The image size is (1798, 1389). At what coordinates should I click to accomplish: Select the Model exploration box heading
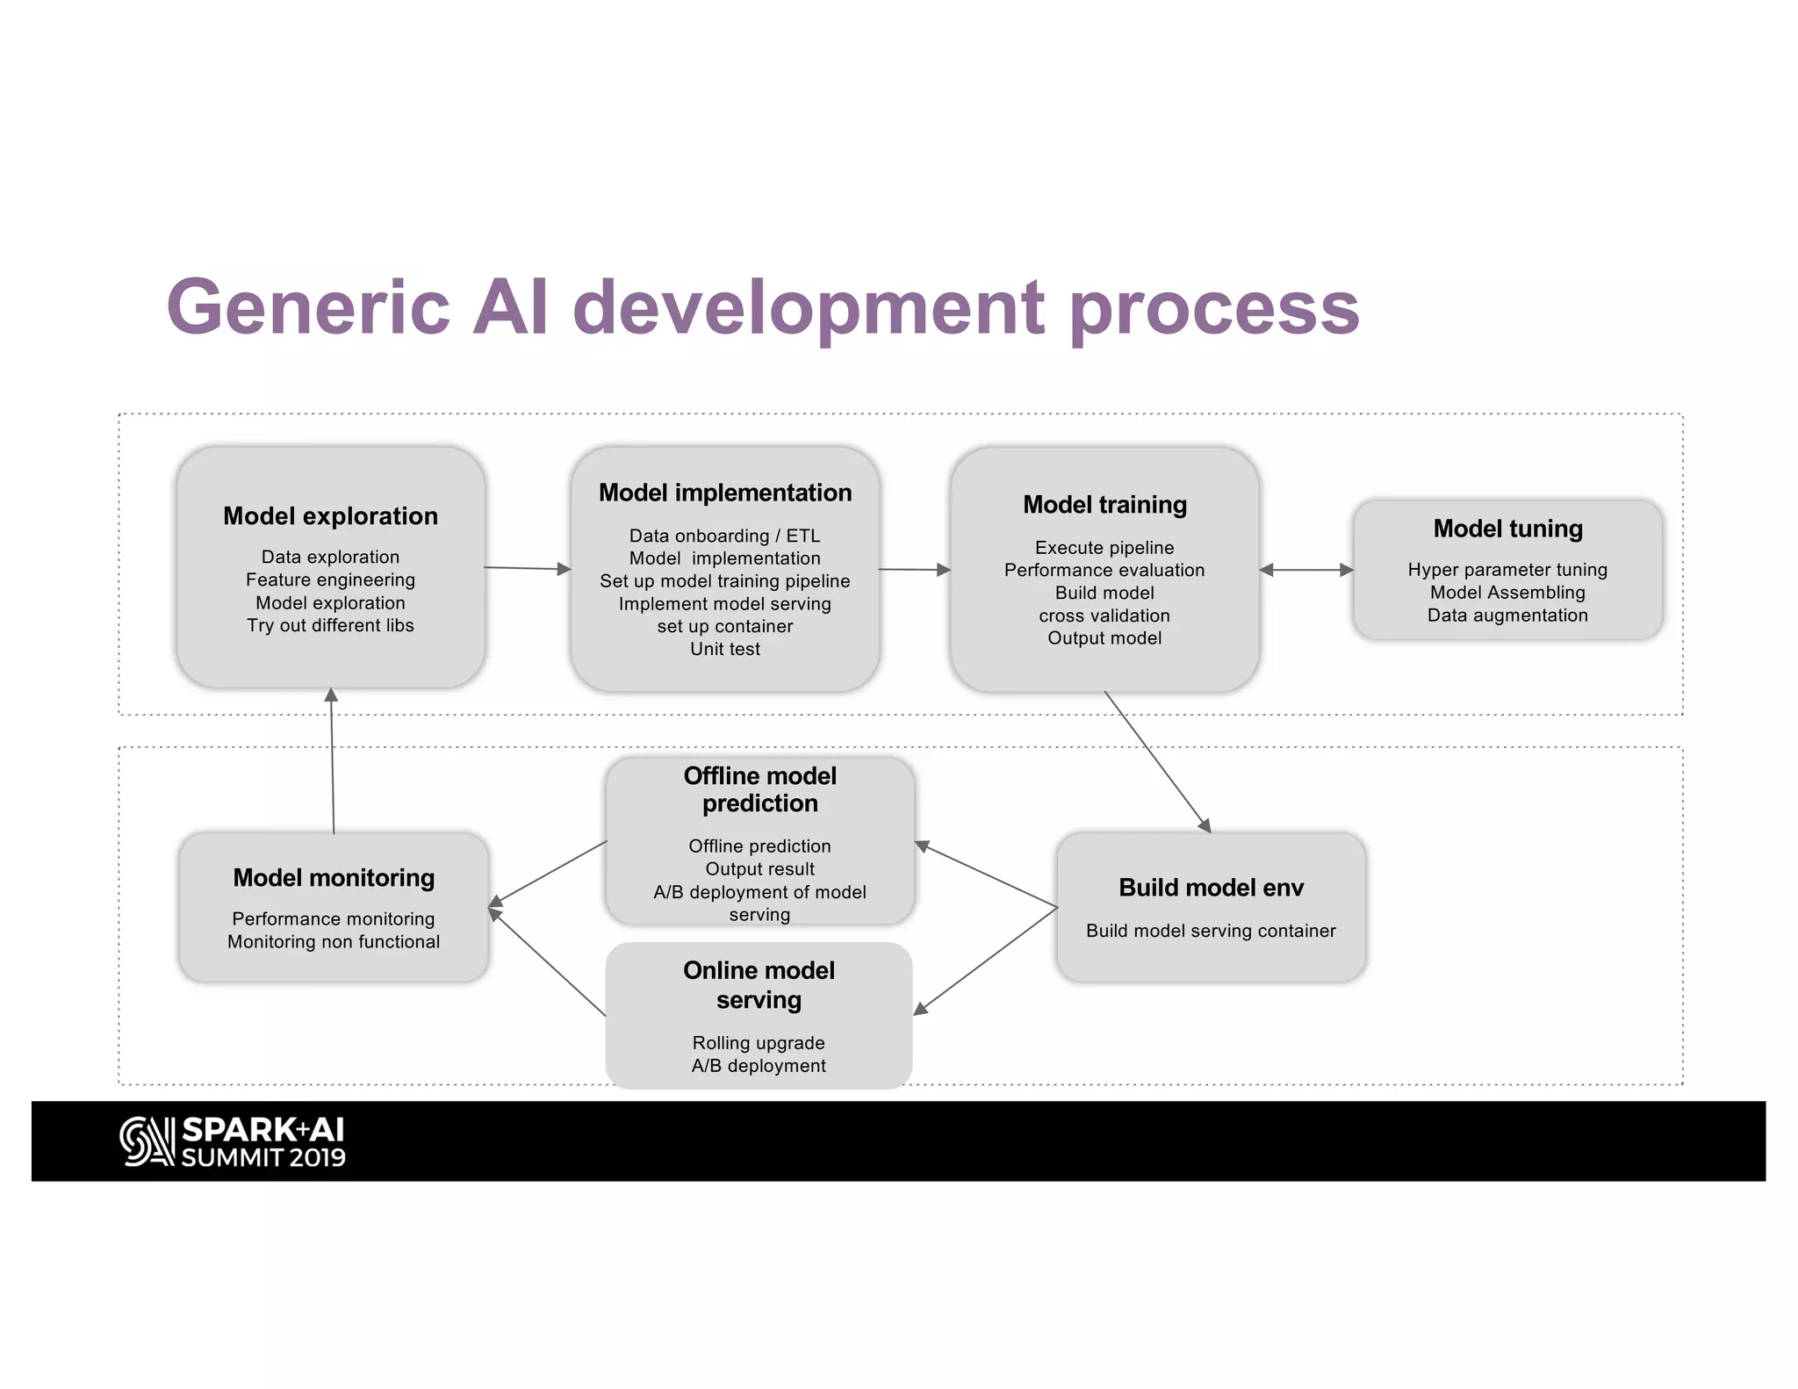click(x=330, y=515)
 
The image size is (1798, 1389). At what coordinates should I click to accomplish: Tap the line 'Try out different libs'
click(x=330, y=625)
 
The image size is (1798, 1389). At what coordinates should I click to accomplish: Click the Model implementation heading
click(x=725, y=493)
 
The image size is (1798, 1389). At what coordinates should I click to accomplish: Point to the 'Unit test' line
click(x=725, y=649)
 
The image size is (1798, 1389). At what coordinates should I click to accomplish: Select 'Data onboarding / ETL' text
click(x=725, y=536)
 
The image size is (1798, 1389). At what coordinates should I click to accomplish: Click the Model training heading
click(x=1104, y=505)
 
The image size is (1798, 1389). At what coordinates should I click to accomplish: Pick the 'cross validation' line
click(x=1104, y=615)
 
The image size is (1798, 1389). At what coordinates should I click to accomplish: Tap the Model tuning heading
click(x=1507, y=529)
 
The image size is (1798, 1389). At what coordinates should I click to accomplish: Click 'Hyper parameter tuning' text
click(x=1507, y=570)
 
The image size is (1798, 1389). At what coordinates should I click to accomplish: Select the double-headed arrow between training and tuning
click(x=1306, y=570)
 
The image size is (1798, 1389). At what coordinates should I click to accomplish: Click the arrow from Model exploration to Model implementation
click(x=527, y=568)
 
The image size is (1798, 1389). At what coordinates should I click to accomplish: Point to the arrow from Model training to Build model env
click(x=1157, y=761)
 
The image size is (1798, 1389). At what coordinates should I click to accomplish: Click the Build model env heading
click(x=1211, y=888)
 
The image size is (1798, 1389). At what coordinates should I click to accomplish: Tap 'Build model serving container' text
click(x=1211, y=931)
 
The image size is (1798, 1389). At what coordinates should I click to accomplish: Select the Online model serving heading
click(x=759, y=985)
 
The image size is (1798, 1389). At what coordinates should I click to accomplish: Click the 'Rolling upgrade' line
click(x=759, y=1043)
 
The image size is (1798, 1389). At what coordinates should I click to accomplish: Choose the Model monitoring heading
click(x=334, y=878)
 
